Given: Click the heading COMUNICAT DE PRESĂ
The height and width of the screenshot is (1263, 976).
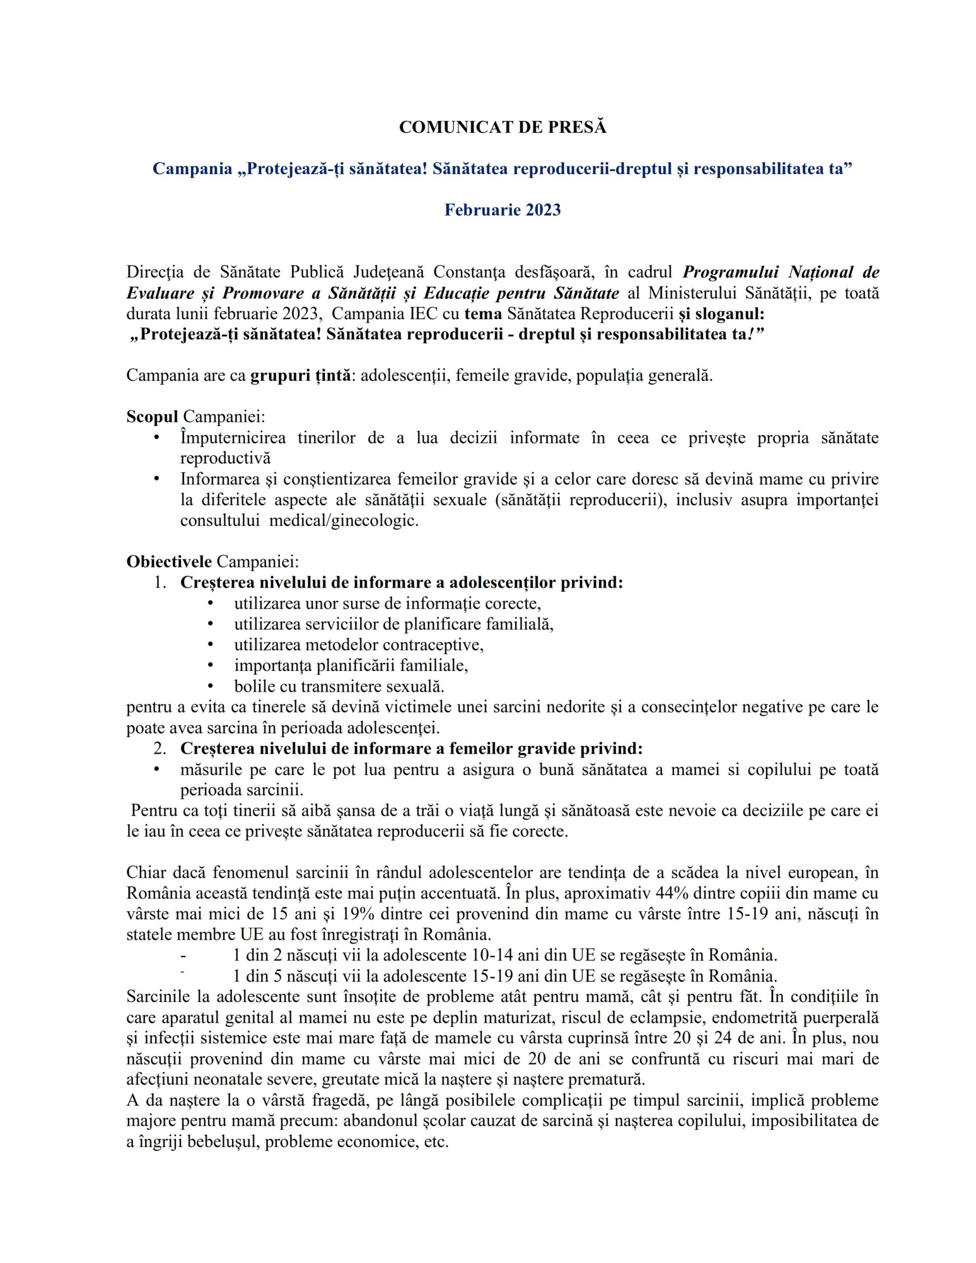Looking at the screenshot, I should (502, 128).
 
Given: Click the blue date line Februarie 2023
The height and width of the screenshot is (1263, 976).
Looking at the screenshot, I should (502, 209).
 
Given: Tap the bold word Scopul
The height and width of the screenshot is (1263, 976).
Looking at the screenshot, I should (152, 416).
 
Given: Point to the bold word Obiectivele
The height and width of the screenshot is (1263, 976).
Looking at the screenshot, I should (169, 561).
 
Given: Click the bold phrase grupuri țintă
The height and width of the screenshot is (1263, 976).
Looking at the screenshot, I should (300, 375).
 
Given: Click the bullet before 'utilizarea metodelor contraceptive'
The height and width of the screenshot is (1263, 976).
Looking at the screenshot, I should (210, 645).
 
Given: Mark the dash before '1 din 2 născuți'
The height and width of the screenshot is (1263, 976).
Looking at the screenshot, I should (183, 955).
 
